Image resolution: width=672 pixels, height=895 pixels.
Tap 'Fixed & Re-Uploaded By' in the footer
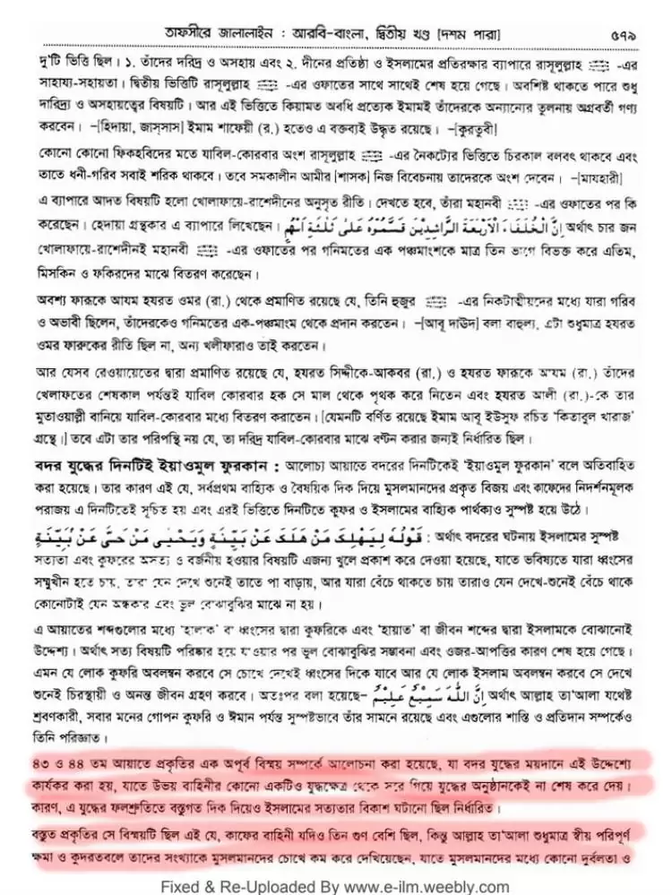coord(243,886)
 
